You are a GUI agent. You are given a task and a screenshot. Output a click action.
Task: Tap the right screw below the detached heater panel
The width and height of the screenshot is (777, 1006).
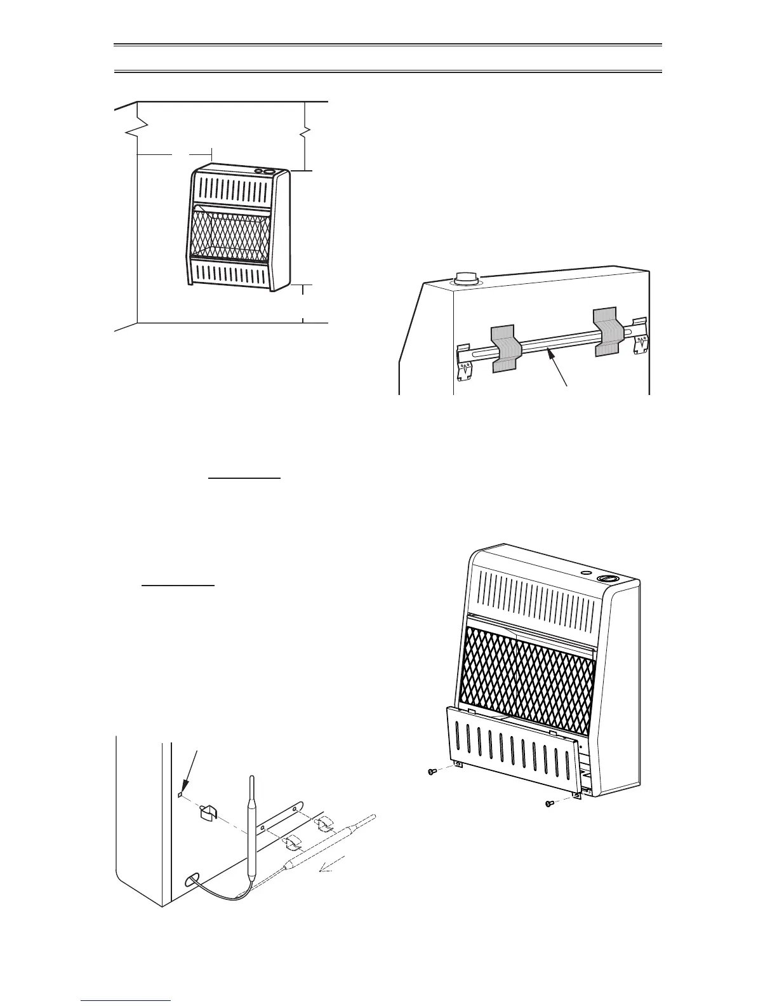(x=550, y=803)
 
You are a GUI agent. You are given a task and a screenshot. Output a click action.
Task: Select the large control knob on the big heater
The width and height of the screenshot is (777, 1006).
(x=608, y=579)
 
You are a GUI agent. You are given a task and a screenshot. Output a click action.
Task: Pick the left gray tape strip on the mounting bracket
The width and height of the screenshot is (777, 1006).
(x=506, y=348)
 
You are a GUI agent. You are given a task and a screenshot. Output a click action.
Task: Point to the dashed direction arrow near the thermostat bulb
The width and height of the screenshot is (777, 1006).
(x=333, y=863)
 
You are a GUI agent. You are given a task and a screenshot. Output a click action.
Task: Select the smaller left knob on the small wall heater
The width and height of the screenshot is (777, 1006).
(x=259, y=170)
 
